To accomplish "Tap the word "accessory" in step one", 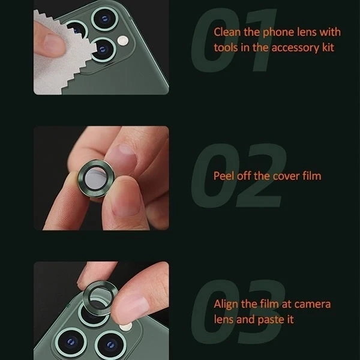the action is (295, 48).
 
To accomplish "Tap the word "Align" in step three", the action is (226, 304).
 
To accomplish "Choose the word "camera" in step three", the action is (313, 304).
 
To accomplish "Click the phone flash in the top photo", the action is (123, 40).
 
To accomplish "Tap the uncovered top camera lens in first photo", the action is (104, 19).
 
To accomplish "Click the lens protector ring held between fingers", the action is (96, 178).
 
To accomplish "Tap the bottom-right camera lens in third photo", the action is (110, 345).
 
